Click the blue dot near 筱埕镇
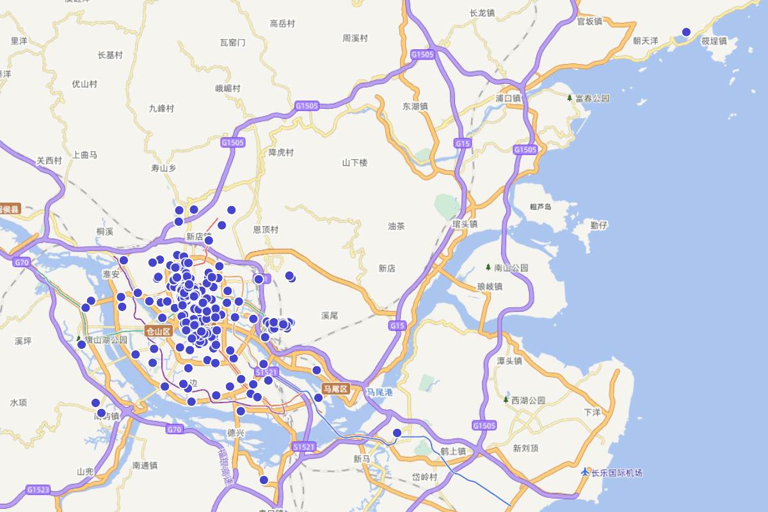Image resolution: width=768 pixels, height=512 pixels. point(686,32)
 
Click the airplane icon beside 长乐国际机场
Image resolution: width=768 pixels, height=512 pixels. point(584,472)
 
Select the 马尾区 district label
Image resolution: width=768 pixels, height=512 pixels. point(335,389)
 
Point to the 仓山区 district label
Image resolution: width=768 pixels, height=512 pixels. point(159,331)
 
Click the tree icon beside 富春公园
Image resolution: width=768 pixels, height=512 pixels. point(570,98)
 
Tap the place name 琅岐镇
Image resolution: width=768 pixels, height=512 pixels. point(490,287)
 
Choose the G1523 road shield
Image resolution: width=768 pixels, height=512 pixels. point(38,490)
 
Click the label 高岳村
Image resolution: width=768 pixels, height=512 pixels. point(282,24)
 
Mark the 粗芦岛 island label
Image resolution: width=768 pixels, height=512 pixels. point(541,207)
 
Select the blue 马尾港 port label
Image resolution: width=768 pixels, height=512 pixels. point(379,392)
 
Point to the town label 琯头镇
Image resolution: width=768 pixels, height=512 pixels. point(465,224)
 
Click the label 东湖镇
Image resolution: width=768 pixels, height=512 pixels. point(415,106)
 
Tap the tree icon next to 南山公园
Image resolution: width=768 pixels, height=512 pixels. point(488,268)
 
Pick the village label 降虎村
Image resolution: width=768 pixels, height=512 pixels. point(281,152)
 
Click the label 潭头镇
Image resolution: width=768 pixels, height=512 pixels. point(509,361)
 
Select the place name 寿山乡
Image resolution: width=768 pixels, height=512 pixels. point(163,168)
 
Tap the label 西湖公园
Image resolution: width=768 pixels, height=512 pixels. point(528,400)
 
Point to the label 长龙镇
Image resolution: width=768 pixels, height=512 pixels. point(482,13)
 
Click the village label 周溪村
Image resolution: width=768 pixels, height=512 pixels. point(355,38)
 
